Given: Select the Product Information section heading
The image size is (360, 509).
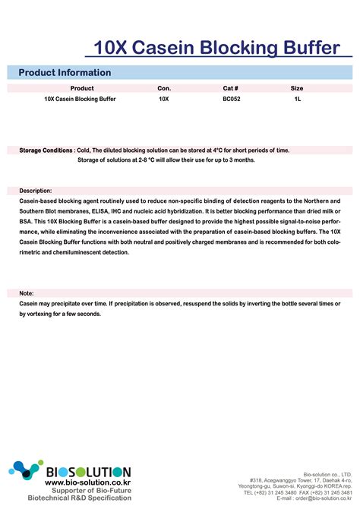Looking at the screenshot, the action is click(x=65, y=73).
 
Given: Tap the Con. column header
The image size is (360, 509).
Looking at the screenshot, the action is click(x=164, y=88).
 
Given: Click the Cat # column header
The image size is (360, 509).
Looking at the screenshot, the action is click(x=231, y=88).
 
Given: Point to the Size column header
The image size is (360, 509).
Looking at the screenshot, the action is click(x=297, y=88).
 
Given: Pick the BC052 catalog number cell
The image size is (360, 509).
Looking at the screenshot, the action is click(x=231, y=100).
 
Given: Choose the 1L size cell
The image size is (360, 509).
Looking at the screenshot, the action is click(x=297, y=100).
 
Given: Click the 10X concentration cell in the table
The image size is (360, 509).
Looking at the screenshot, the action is click(x=164, y=100).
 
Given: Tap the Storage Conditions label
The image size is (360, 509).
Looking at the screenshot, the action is click(x=46, y=150).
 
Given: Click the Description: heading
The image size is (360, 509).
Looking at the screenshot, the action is click(x=36, y=191).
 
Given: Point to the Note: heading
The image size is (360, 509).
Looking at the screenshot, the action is click(x=27, y=292).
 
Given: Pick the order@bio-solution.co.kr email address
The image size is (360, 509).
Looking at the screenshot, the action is click(x=324, y=499).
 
